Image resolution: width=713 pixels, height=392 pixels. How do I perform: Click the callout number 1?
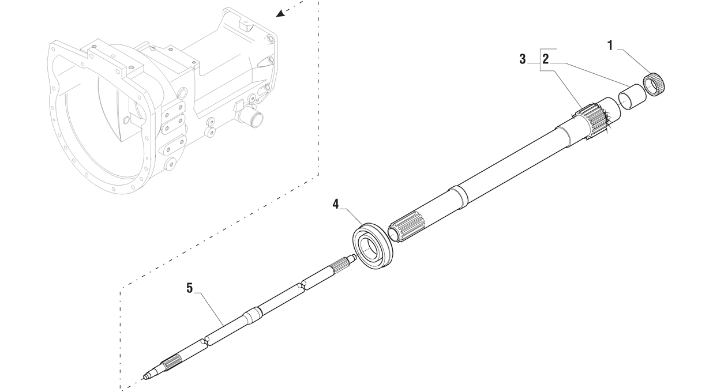pos(610,46)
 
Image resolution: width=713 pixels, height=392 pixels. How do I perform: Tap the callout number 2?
pos(546,59)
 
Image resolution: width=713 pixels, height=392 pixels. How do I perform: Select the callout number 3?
pos(522,59)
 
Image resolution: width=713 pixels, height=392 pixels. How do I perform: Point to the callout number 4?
pos(336,204)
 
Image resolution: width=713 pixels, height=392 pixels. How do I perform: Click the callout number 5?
pos(190,289)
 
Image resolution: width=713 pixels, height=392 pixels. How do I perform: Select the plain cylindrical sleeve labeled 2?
pos(632,97)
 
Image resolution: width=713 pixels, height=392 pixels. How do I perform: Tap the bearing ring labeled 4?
pos(373,247)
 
